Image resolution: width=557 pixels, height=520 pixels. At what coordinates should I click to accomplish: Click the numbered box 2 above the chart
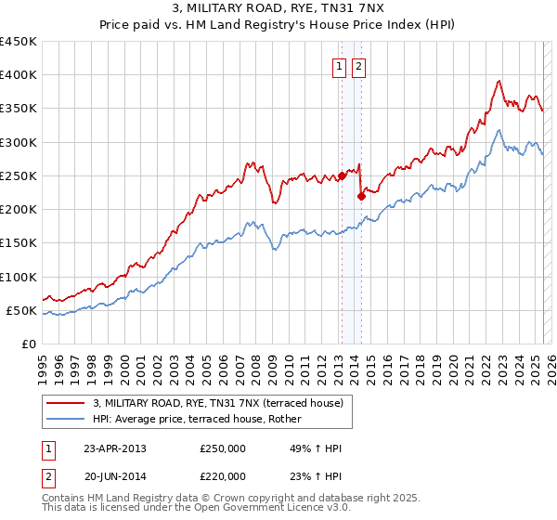click(x=358, y=66)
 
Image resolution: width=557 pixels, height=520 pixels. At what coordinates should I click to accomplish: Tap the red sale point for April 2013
click(x=342, y=175)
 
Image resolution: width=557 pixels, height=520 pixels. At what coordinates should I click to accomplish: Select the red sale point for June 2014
click(x=361, y=195)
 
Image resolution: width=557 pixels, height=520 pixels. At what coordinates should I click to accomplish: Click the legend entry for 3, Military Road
click(x=218, y=403)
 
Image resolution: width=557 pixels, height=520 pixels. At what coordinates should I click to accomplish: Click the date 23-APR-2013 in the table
click(x=115, y=448)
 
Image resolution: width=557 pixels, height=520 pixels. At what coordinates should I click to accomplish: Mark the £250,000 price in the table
click(x=223, y=448)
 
